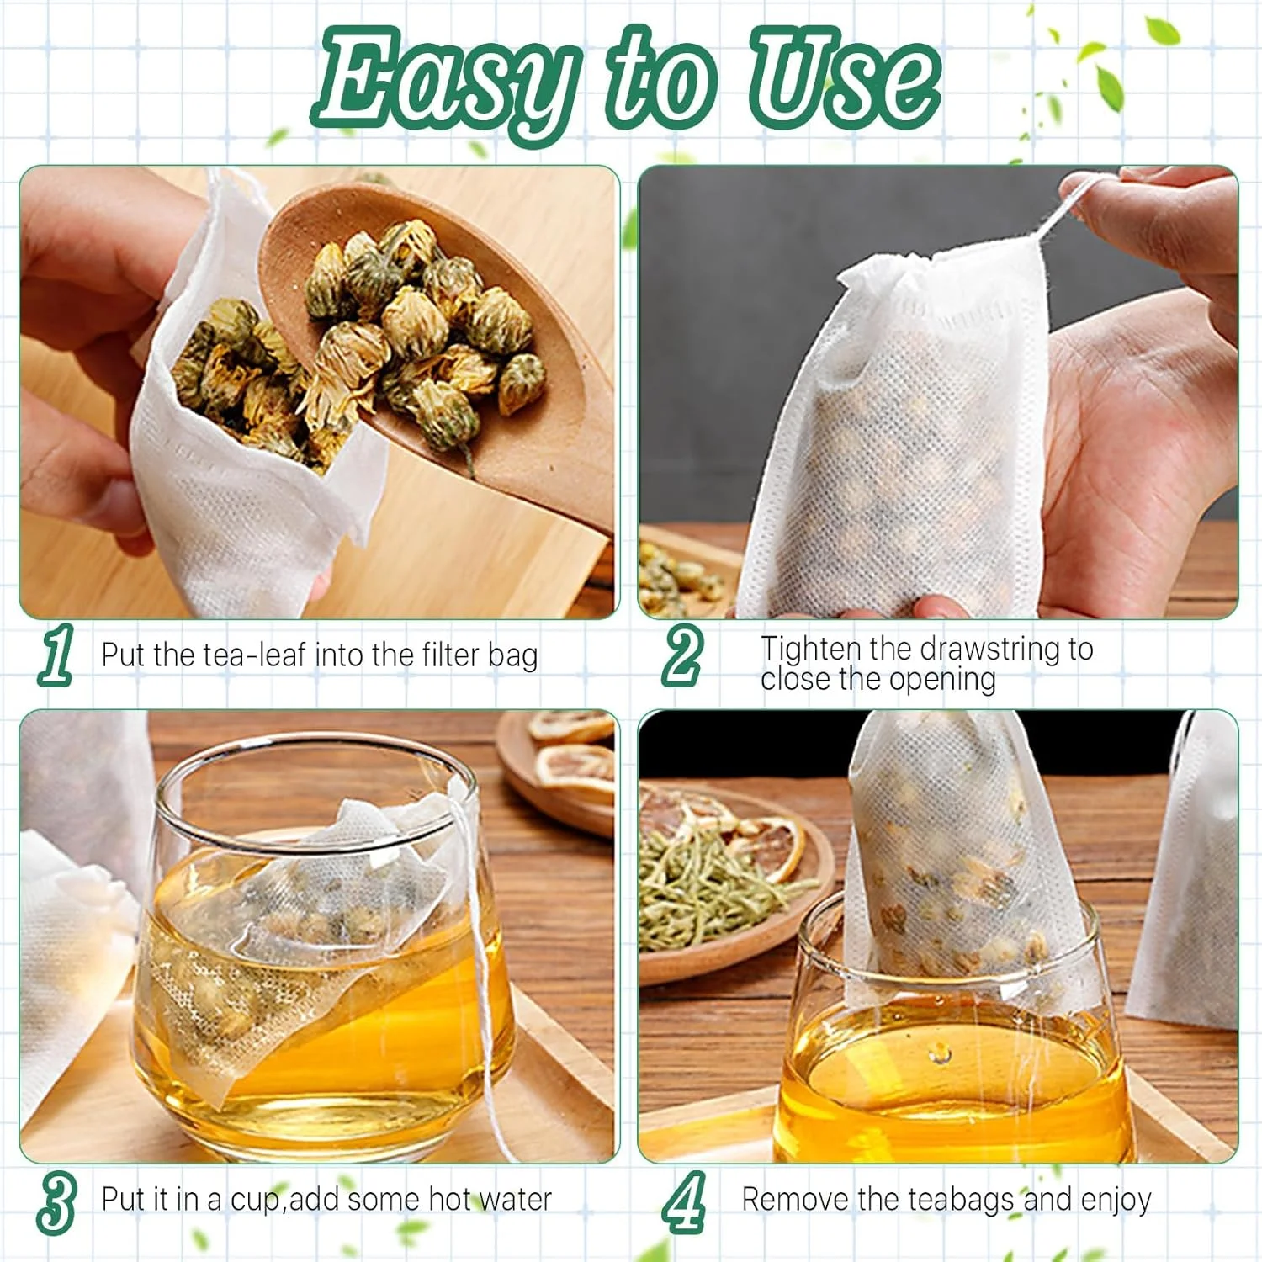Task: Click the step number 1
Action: pyautogui.click(x=56, y=654)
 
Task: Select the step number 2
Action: pyautogui.click(x=681, y=655)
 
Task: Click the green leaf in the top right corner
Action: pyautogui.click(x=1163, y=31)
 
